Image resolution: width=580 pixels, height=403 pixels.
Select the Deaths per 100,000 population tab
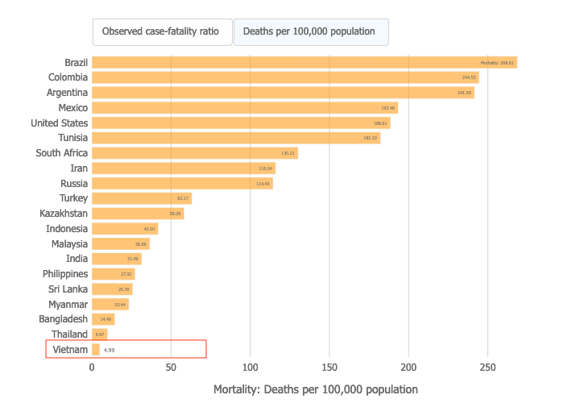pos(311,32)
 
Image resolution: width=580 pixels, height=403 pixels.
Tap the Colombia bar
pos(285,77)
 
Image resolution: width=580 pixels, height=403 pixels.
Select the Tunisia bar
pos(235,138)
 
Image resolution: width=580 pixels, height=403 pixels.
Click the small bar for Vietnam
pos(96,350)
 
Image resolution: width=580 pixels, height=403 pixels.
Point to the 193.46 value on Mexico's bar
pos(388,108)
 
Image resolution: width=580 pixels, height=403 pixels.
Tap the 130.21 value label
pos(288,153)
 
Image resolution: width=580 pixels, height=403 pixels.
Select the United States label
pos(59,123)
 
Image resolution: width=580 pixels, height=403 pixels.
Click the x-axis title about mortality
pos(316,389)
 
